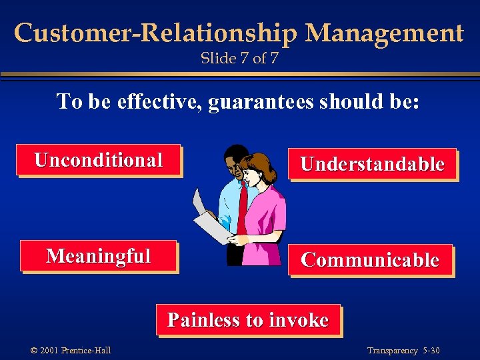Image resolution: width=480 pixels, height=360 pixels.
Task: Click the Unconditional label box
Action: [99, 160]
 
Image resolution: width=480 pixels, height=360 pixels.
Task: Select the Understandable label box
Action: [372, 164]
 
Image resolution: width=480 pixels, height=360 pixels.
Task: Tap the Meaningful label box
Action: [99, 256]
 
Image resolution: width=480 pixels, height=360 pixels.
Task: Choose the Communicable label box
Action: [370, 260]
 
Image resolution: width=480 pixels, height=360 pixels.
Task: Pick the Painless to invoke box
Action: [248, 320]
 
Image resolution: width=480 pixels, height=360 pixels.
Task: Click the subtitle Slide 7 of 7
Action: [239, 59]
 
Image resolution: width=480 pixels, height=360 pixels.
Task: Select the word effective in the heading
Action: [159, 102]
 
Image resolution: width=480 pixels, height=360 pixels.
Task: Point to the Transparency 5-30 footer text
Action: [403, 351]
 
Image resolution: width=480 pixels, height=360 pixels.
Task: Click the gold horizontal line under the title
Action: [240, 74]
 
